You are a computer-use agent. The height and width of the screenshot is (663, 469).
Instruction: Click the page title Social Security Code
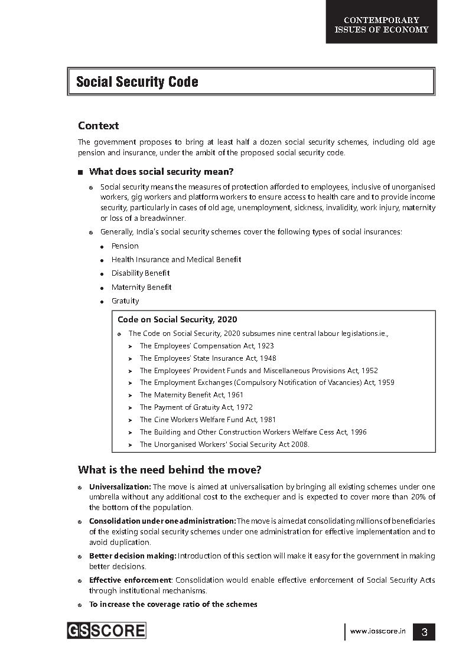click(137, 82)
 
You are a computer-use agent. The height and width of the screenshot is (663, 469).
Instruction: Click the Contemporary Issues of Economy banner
click(382, 25)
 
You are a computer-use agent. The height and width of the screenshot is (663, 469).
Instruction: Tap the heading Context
click(98, 126)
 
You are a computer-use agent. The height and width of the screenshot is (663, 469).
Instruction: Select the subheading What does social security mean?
click(161, 172)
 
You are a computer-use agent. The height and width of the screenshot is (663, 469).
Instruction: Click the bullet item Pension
click(125, 246)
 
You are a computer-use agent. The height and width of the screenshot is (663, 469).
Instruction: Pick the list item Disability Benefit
click(140, 273)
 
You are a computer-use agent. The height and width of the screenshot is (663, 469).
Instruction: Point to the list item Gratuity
click(125, 301)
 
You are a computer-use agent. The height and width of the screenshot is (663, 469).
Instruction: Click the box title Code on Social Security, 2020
click(177, 320)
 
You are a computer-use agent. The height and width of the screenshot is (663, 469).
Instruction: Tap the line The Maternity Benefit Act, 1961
click(191, 395)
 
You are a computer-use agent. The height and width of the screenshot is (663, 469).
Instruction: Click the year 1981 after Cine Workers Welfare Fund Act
click(268, 420)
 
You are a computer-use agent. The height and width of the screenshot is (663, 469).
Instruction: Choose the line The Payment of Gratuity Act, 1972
click(196, 407)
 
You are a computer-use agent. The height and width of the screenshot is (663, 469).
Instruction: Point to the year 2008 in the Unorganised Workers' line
click(299, 445)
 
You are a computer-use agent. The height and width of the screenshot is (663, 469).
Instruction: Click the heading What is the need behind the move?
click(170, 470)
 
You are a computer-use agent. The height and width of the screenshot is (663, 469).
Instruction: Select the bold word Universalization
click(120, 487)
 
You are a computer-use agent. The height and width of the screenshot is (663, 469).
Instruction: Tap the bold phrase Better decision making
click(133, 556)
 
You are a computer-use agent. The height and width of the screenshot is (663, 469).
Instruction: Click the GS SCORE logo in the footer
click(106, 631)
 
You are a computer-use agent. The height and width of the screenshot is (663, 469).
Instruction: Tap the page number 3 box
click(424, 632)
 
